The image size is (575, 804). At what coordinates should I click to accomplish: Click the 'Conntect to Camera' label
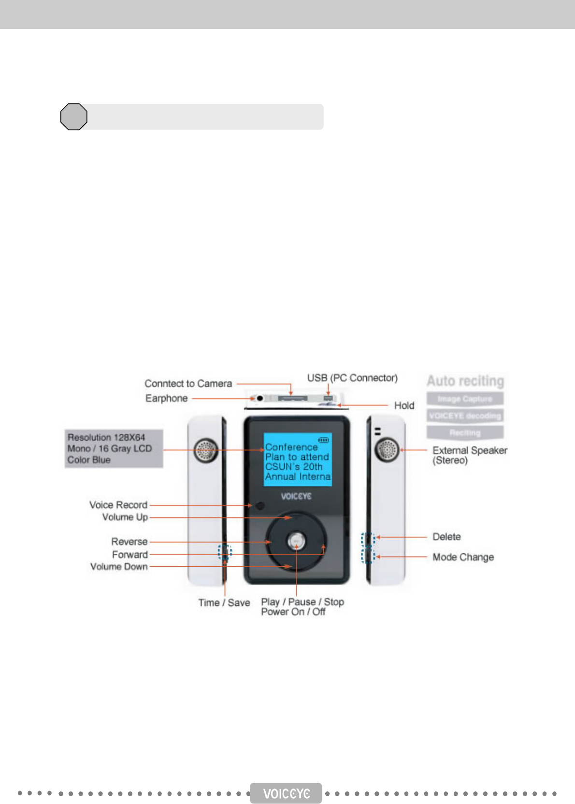188,384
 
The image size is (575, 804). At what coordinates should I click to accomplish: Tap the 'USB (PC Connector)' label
352,378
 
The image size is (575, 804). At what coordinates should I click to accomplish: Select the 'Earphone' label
166,398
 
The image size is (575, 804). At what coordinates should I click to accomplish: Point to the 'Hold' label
404,405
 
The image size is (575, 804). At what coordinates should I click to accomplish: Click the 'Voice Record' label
118,505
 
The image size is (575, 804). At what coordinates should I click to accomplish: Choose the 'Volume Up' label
125,517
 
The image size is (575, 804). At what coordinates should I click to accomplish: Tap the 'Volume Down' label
119,566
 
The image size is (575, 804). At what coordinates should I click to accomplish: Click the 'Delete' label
446,537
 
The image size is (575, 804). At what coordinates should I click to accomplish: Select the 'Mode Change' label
463,557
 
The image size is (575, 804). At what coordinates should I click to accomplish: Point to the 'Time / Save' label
224,603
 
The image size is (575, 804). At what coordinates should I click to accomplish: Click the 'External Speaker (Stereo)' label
469,455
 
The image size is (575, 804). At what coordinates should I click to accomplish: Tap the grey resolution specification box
114,448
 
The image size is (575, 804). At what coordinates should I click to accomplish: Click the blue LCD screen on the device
298,459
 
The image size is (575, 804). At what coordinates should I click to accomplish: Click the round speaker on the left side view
206,451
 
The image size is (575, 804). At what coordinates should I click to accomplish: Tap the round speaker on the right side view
388,450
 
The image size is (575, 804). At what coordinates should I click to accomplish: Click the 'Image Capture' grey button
465,399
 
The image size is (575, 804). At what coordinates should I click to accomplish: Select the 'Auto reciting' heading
465,381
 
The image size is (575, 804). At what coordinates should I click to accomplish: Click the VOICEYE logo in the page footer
286,793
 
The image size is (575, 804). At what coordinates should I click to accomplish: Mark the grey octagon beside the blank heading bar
74,117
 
